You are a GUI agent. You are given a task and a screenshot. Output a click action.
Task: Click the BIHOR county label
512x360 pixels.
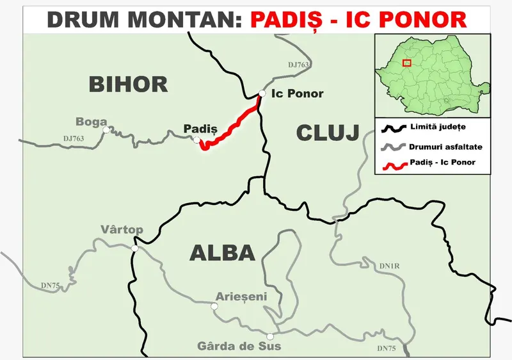click(x=128, y=84)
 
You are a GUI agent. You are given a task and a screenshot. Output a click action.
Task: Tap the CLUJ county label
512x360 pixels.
click(x=327, y=133)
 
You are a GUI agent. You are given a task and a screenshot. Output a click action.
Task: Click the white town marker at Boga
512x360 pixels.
click(x=106, y=129)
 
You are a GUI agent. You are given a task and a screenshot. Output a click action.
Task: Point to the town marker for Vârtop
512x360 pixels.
click(x=135, y=249)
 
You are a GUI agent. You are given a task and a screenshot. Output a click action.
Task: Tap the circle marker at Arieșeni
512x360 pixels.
click(x=214, y=306)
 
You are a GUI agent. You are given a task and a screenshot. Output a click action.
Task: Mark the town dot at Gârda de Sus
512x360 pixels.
click(x=270, y=336)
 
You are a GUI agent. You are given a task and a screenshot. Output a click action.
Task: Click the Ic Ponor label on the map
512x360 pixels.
click(x=298, y=94)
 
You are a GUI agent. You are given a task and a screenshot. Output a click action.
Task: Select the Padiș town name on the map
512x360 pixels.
click(x=200, y=129)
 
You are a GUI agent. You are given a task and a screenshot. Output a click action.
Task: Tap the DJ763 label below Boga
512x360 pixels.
click(x=74, y=138)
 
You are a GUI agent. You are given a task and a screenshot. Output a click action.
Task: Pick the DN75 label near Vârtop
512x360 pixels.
click(x=51, y=284)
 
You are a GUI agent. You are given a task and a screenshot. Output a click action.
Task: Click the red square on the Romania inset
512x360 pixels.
click(x=406, y=63)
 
